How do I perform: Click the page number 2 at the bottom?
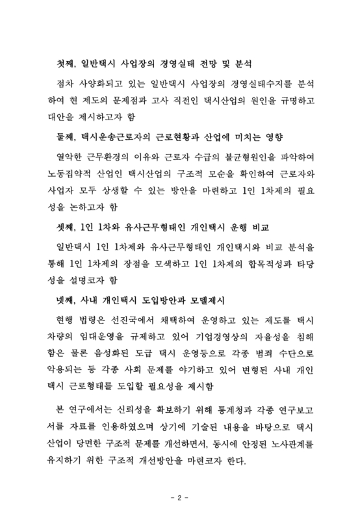pos(179,499)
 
